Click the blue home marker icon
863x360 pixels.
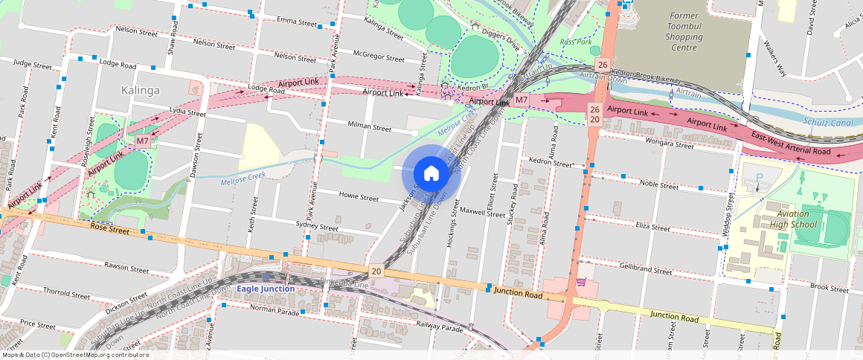coord(431,173)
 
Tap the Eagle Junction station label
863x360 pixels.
coord(266,288)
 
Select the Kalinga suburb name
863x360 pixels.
coord(140,90)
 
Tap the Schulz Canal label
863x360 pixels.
coord(828,121)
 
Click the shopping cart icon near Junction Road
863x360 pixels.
coord(580,282)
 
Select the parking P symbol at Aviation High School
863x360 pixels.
coord(759,179)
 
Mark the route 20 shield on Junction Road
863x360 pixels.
coord(376,271)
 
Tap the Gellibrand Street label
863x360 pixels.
coord(646,269)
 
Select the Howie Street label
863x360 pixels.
coord(359,198)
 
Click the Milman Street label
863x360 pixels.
coord(370,127)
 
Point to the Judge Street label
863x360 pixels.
coord(32,65)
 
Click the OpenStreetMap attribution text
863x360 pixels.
coord(74,355)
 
